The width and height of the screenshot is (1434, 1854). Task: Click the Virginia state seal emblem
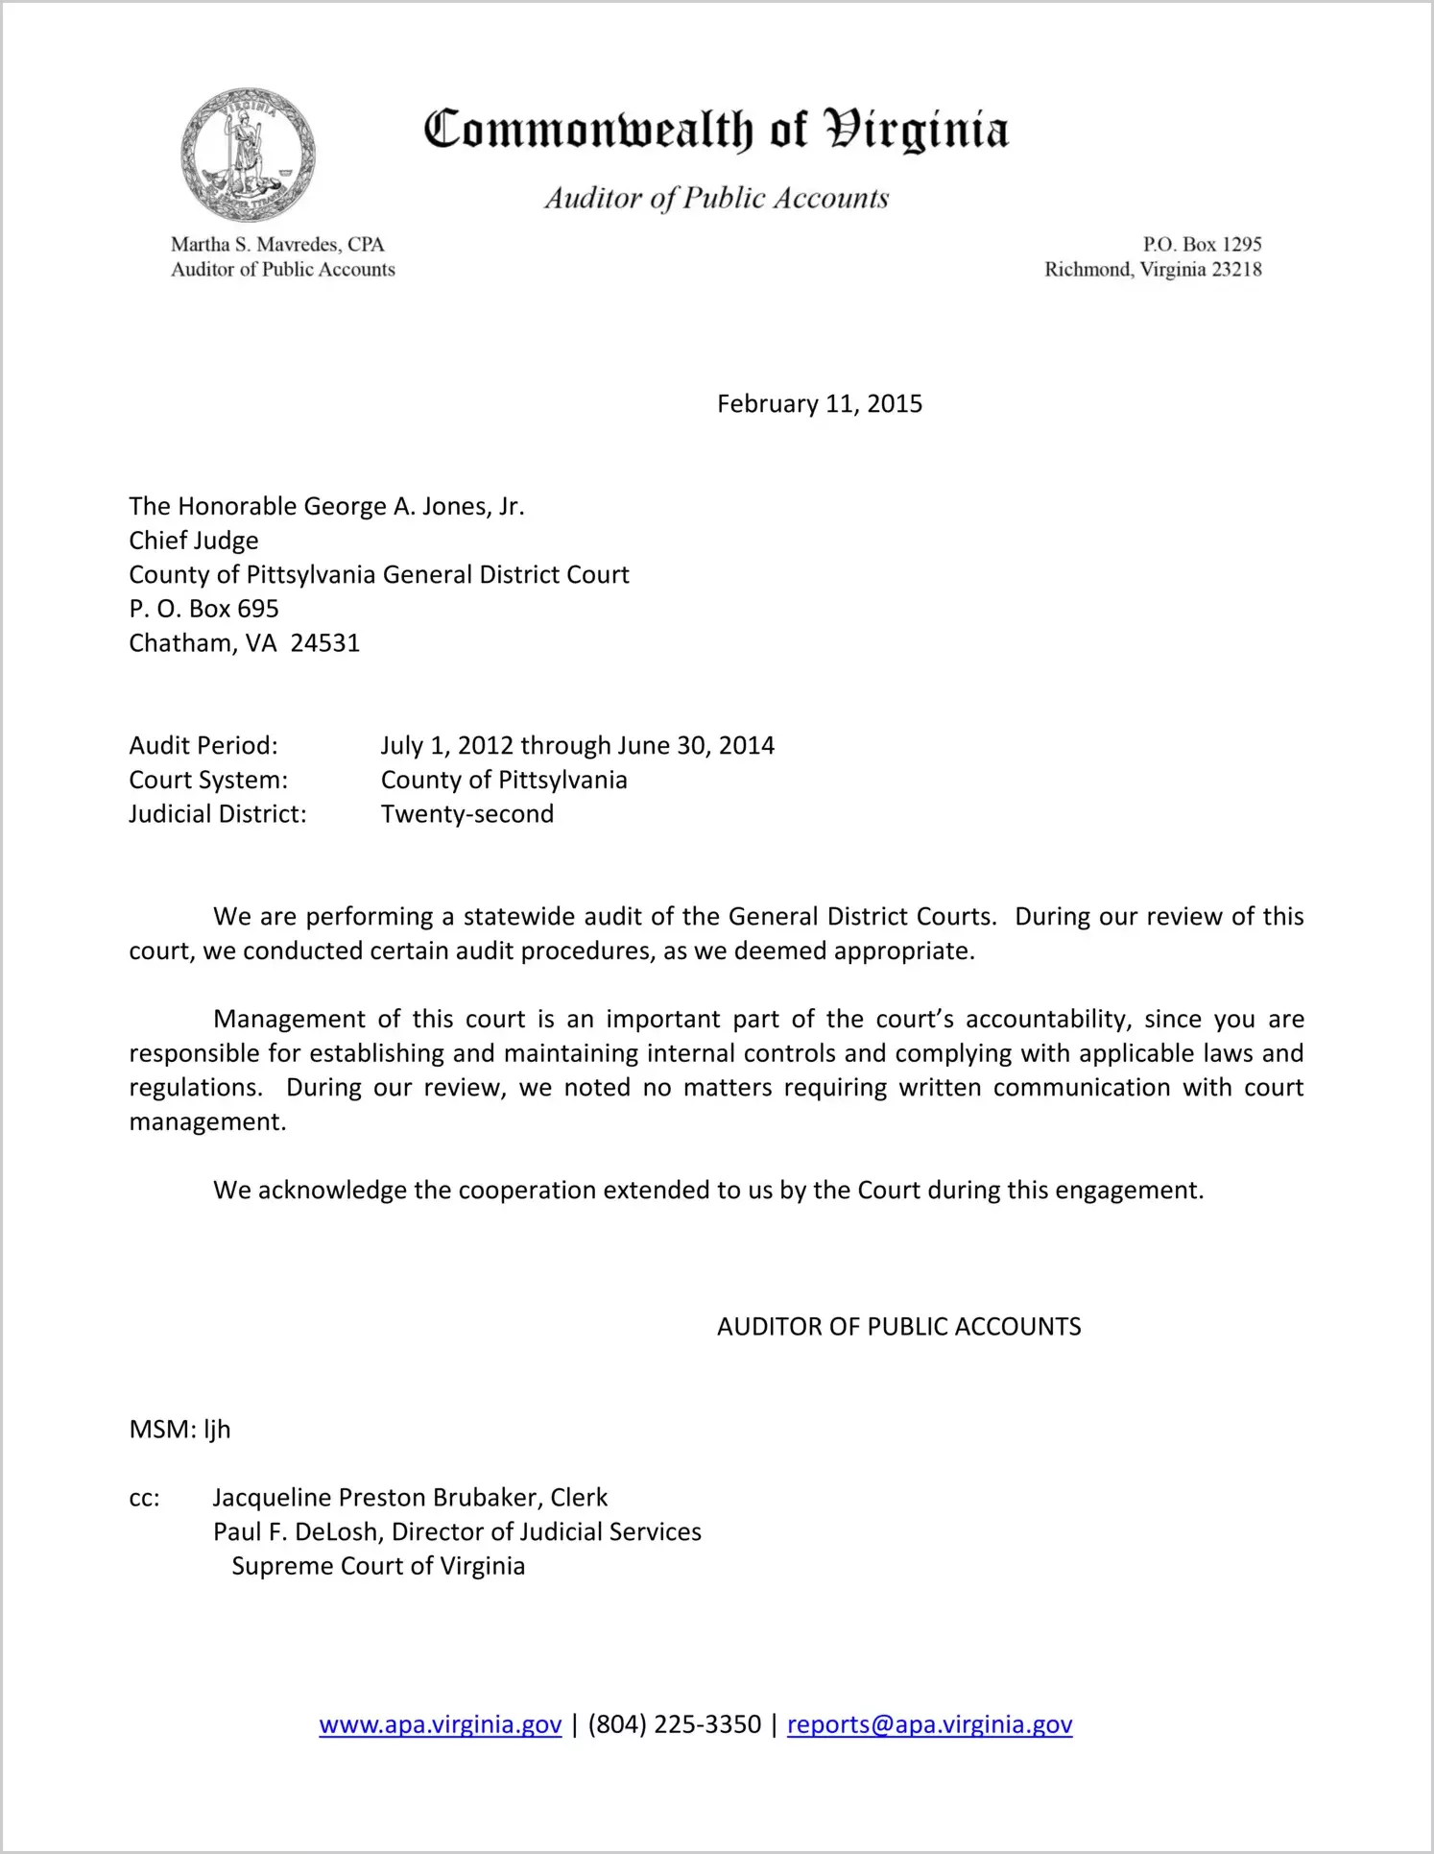coord(248,156)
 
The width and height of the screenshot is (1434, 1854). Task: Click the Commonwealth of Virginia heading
coord(716,131)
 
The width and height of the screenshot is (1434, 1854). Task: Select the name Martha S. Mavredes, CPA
coord(277,245)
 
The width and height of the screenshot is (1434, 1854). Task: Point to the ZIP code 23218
coord(1236,270)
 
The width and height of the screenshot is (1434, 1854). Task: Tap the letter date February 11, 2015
coord(819,404)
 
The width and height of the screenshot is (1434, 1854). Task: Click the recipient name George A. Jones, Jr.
coord(414,507)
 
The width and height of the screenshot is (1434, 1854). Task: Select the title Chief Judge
coord(194,541)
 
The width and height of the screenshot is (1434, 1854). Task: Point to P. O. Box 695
coord(203,609)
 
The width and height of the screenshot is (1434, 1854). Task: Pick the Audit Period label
coord(203,746)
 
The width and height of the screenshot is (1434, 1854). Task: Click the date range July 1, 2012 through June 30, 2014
coord(577,746)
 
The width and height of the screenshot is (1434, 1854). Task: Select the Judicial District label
coord(218,814)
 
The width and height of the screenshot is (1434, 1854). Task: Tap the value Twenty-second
coord(467,814)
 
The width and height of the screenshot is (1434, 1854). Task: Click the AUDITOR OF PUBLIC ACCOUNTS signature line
coord(898,1327)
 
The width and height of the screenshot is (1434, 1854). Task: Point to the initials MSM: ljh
coord(179,1430)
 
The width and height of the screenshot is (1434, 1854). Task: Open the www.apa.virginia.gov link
coord(440,1725)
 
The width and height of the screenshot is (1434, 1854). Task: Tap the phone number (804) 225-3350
coord(674,1725)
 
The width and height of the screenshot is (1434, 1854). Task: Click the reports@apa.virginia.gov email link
coord(929,1725)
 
